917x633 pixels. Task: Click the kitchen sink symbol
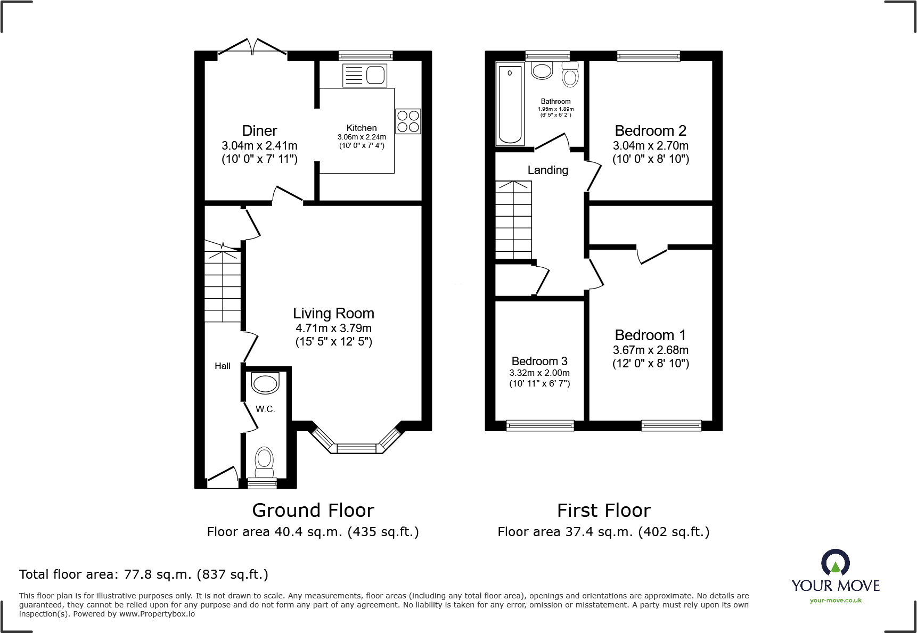coord(365,75)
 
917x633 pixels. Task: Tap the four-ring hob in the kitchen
coord(408,121)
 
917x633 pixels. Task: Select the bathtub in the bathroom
coord(510,104)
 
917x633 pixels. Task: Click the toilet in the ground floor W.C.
coord(264,462)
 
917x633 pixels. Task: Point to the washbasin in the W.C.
coord(265,383)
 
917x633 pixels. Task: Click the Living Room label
coord(333,314)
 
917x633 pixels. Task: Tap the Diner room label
coord(259,131)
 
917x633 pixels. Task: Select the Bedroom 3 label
coord(539,361)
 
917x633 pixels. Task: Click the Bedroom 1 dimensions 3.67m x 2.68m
coord(650,350)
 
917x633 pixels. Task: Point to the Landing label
coord(547,170)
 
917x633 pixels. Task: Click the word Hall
coord(223,366)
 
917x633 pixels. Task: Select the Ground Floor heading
coord(313,511)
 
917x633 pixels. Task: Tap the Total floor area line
coord(144,574)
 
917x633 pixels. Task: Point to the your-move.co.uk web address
coord(836,601)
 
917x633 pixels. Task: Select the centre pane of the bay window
coord(357,448)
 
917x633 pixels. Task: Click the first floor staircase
coord(513,220)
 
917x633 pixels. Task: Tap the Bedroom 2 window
coord(648,55)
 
